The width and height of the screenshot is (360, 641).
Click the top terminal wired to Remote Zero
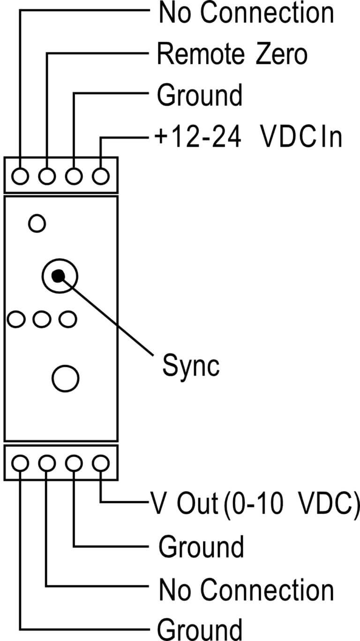pyautogui.click(x=46, y=177)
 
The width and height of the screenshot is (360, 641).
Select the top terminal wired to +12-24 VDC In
pyautogui.click(x=101, y=177)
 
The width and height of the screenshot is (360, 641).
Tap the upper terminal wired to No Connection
pyautogui.click(x=20, y=177)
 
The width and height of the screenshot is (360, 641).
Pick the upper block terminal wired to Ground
pyautogui.click(x=74, y=177)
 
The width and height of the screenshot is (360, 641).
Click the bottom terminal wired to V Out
pyautogui.click(x=101, y=463)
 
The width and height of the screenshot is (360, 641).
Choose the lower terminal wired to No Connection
pyautogui.click(x=46, y=463)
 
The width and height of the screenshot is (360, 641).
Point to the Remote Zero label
pyautogui.click(x=232, y=54)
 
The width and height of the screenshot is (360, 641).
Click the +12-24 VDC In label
pyautogui.click(x=248, y=137)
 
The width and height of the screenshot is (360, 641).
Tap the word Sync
pyautogui.click(x=191, y=366)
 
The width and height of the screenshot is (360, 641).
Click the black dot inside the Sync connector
pyautogui.click(x=58, y=276)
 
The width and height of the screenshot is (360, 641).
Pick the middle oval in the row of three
pyautogui.click(x=42, y=319)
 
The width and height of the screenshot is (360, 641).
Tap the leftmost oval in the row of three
pyautogui.click(x=15, y=319)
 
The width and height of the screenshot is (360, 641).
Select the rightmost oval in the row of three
pyautogui.click(x=68, y=319)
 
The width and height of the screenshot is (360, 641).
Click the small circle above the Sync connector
pyautogui.click(x=37, y=224)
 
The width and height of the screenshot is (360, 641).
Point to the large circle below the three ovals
pyautogui.click(x=66, y=378)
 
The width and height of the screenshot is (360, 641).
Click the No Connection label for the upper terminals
pyautogui.click(x=246, y=13)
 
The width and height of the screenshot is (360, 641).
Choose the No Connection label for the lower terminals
pyautogui.click(x=246, y=590)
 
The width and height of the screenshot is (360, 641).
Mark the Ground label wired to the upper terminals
pyautogui.click(x=200, y=95)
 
